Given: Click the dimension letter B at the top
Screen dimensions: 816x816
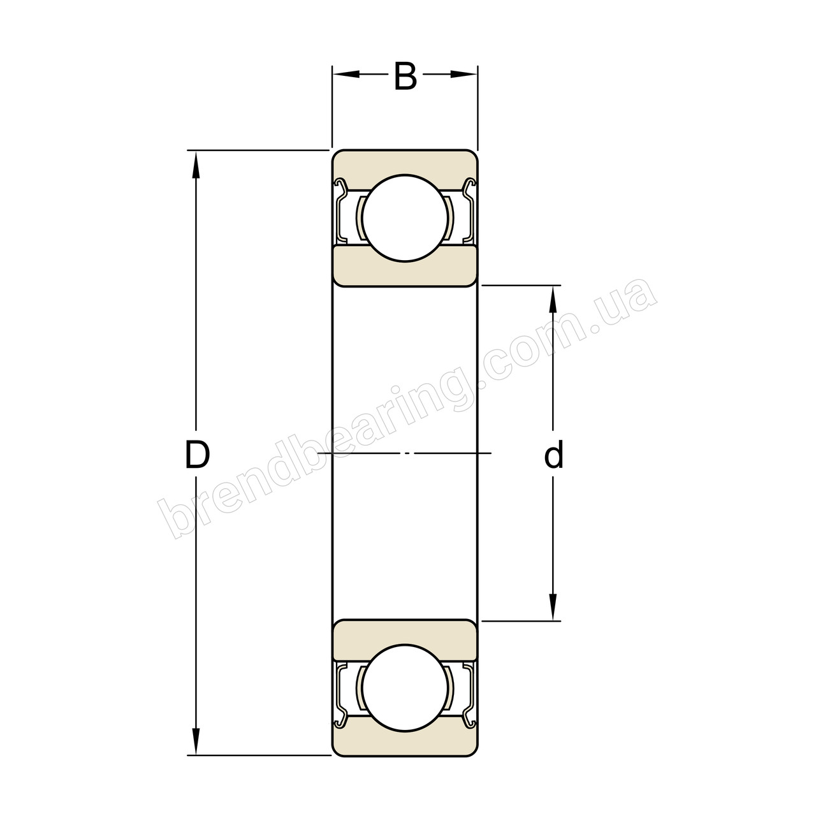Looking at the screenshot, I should click(x=405, y=76).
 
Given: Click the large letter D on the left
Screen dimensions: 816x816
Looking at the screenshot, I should click(x=197, y=455).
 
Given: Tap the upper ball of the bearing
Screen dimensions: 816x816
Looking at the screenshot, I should click(x=405, y=217).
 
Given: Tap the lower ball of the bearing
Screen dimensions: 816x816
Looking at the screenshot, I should click(x=405, y=688).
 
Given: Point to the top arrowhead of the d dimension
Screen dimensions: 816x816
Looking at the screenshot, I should click(x=553, y=298).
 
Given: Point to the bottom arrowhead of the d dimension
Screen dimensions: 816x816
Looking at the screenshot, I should click(x=553, y=607).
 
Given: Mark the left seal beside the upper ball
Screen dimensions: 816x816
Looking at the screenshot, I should click(x=341, y=213).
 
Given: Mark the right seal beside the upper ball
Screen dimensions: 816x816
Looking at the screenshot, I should click(x=470, y=213).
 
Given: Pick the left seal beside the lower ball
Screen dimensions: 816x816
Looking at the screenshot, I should click(x=341, y=694).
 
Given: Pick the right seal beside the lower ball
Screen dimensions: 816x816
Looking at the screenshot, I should click(x=470, y=694).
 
